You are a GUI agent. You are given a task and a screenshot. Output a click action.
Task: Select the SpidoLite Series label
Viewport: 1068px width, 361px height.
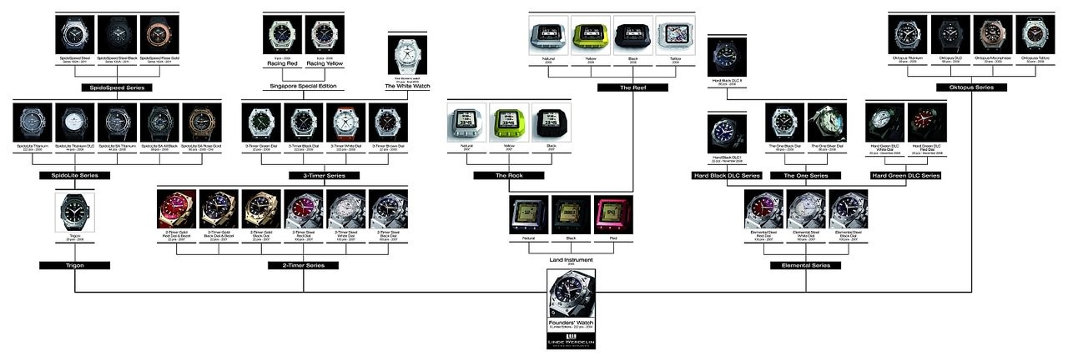click(x=74, y=176)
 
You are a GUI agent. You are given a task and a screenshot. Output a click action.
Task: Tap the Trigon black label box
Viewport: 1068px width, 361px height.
click(x=74, y=265)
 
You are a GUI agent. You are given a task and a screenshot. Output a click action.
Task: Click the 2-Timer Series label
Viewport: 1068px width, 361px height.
click(x=304, y=265)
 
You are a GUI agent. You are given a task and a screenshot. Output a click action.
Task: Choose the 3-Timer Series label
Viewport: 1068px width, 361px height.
click(x=325, y=176)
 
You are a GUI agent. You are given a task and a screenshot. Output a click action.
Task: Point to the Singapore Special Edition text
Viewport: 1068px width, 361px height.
click(x=304, y=86)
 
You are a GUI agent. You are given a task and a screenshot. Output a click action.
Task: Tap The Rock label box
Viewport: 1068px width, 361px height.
click(x=508, y=176)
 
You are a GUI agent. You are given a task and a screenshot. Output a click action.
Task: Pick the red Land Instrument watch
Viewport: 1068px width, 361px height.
click(x=613, y=215)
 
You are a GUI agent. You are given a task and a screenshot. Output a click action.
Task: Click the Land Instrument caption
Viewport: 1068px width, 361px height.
click(x=571, y=258)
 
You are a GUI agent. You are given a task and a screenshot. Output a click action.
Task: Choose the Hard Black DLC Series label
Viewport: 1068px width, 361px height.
click(x=727, y=176)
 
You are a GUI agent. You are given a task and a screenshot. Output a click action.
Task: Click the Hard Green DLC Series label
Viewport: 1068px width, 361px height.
click(x=905, y=176)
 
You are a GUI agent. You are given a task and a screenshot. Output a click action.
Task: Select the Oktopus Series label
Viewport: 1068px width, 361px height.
click(x=971, y=87)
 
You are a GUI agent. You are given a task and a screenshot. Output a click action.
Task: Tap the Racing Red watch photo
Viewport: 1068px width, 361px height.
click(x=282, y=36)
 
